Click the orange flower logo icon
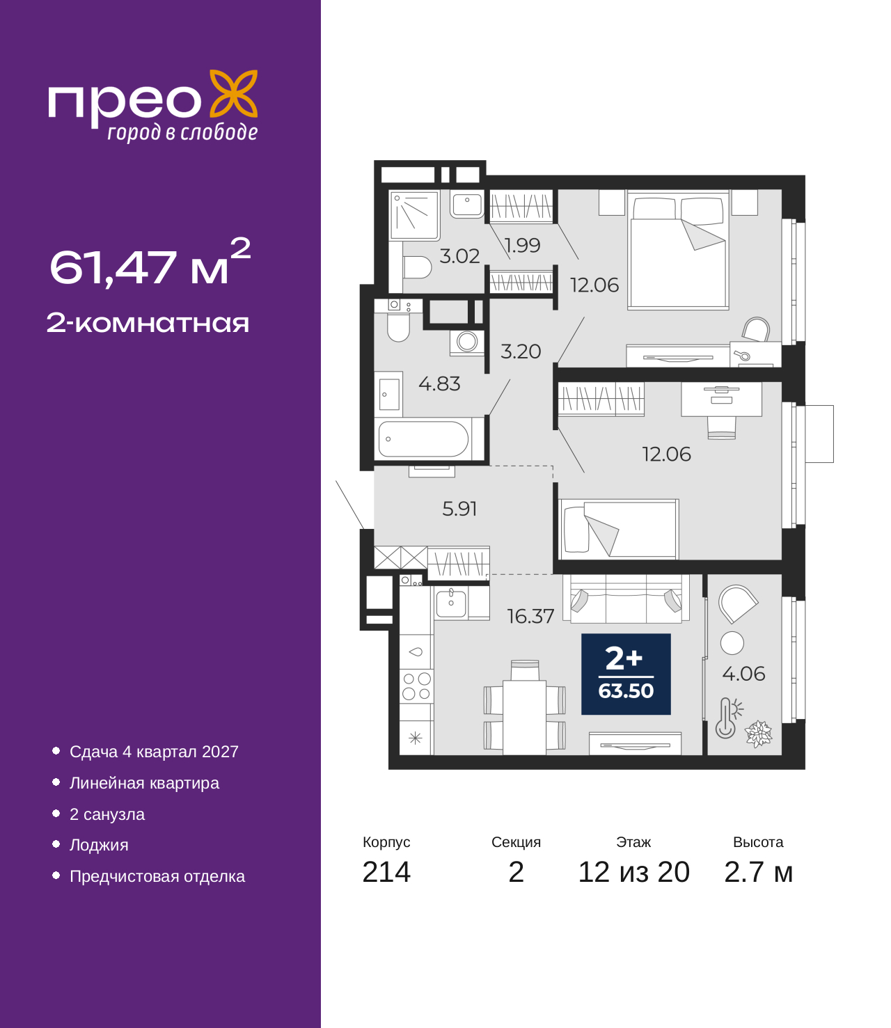tap(233, 93)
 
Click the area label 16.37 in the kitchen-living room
tap(530, 617)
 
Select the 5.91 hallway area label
tap(459, 509)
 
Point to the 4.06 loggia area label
tap(743, 674)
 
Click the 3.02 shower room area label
tap(459, 256)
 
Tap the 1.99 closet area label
tap(522, 245)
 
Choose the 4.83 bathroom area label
tap(439, 384)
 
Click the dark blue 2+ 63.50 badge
tap(626, 674)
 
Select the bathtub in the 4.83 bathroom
tap(423, 439)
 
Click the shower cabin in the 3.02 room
tap(414, 216)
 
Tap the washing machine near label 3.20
tap(466, 342)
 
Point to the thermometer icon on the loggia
tap(728, 717)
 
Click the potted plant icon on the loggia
tap(758, 734)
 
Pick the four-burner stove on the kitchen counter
tap(416, 686)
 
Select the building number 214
tap(386, 872)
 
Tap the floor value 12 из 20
tap(634, 872)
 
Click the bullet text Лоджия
tap(99, 845)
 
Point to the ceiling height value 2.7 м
tap(758, 872)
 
